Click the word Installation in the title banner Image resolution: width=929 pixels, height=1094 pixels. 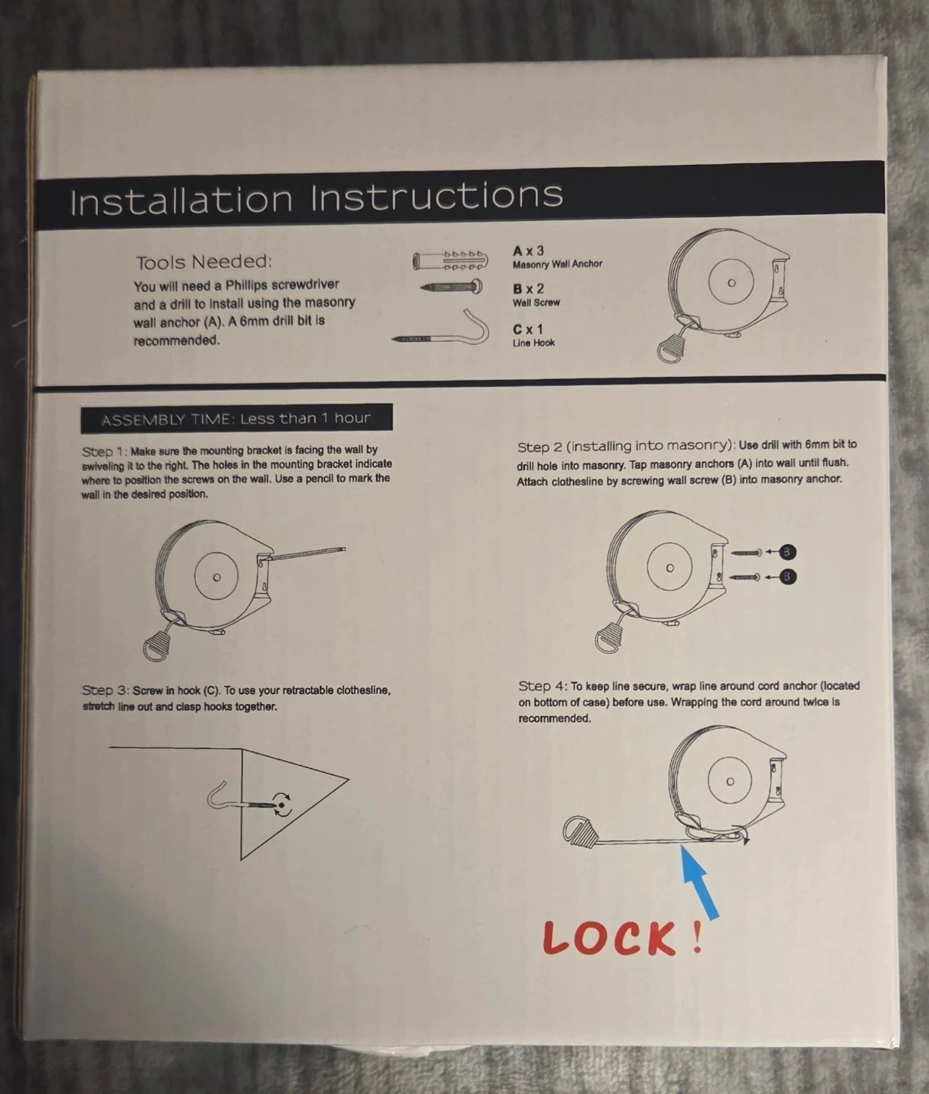pyautogui.click(x=182, y=200)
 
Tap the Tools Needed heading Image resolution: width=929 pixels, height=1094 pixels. pyautogui.click(x=204, y=262)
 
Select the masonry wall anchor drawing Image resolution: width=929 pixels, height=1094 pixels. pyautogui.click(x=450, y=261)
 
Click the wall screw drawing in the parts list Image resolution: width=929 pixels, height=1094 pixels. pyautogui.click(x=451, y=287)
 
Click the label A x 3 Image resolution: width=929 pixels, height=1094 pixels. pyautogui.click(x=528, y=251)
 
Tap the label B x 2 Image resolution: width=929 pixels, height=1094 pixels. pyautogui.click(x=528, y=289)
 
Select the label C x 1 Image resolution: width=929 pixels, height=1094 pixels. pyautogui.click(x=527, y=329)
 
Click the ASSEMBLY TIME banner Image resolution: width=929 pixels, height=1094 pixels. pyautogui.click(x=236, y=419)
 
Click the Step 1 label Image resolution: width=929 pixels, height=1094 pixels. pyautogui.click(x=104, y=452)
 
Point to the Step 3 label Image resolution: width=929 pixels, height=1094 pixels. pyautogui.click(x=105, y=691)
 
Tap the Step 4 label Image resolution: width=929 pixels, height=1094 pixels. pyautogui.click(x=542, y=687)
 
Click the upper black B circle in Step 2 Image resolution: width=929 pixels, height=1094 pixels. pyautogui.click(x=787, y=552)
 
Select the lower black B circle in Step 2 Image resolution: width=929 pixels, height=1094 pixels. pyautogui.click(x=787, y=577)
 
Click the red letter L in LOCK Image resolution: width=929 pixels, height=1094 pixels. pyautogui.click(x=557, y=937)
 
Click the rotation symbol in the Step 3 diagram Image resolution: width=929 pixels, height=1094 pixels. pyautogui.click(x=282, y=805)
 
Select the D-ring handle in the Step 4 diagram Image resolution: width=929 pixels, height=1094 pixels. pyautogui.click(x=580, y=832)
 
